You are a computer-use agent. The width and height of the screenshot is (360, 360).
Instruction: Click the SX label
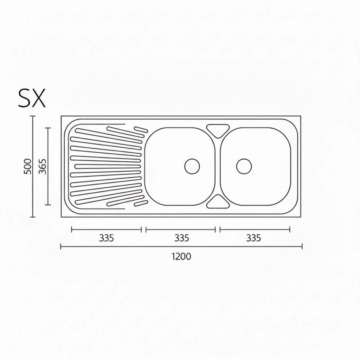32,98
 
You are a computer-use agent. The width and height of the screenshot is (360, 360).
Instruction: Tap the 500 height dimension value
28,166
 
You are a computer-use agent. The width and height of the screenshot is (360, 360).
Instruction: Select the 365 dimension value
42,166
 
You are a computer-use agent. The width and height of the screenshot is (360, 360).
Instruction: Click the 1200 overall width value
181,256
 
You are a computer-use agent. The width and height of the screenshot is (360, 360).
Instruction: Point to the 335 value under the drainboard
106,238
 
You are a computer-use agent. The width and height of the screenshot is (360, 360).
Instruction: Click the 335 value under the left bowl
182,238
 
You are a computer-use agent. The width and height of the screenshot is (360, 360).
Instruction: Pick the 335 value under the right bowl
253,238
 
